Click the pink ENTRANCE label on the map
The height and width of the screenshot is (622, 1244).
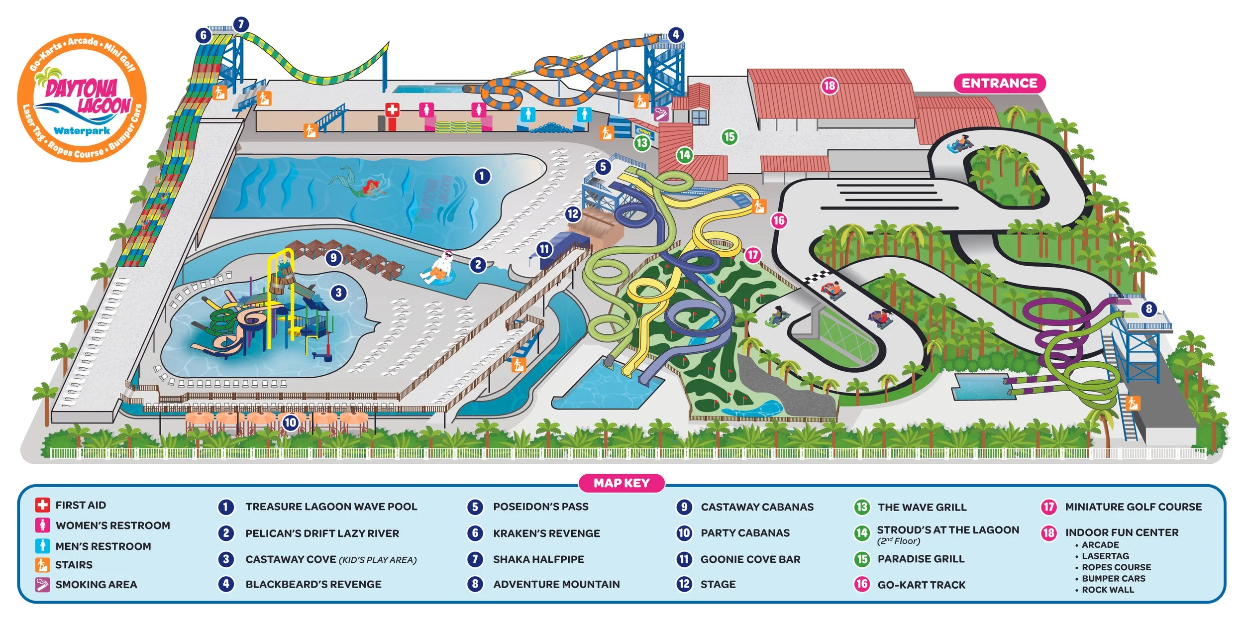pos(999,83)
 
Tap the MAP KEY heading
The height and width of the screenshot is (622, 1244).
pos(622,483)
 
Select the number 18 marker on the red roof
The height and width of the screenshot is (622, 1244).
pos(829,86)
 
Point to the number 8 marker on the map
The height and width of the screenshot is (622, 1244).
pos(1149,309)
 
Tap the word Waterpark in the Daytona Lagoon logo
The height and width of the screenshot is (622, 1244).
pos(82,131)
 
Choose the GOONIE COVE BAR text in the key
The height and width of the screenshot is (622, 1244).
pos(750,559)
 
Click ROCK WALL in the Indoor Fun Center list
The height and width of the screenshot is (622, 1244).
pos(1108,590)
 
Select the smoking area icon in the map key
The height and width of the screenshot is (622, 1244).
pos(42,585)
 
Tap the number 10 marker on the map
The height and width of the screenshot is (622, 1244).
pos(290,423)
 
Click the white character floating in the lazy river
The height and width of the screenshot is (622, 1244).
pos(440,269)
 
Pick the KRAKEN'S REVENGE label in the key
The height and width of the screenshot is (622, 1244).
pos(546,533)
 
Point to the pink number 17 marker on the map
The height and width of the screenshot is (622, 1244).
pos(753,255)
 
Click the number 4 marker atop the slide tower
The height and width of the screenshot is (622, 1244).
pos(675,35)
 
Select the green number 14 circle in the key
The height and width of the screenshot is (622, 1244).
pos(862,533)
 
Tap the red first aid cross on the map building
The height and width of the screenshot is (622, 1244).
pos(393,109)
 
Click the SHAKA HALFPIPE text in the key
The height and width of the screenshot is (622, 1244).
pos(538,559)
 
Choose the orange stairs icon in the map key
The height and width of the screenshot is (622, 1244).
pos(42,565)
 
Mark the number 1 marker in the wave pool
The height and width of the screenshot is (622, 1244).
pos(482,176)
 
